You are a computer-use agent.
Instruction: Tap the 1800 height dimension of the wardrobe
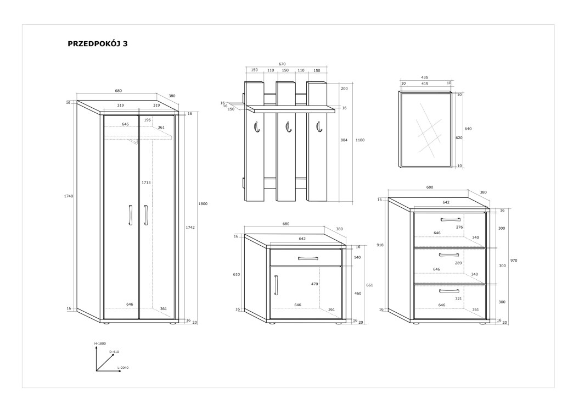(203, 203)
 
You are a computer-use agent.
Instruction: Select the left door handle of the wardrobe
(131, 214)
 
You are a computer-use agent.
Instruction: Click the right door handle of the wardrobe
(146, 214)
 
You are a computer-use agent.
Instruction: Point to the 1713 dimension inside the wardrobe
(147, 182)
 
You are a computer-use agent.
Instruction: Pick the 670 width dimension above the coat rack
(282, 64)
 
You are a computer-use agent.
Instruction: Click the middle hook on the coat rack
(286, 127)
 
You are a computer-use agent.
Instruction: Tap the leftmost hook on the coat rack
(255, 127)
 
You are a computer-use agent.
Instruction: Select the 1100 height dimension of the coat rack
(360, 140)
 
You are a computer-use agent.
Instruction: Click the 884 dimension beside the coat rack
(344, 140)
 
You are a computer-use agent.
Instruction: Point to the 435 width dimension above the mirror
(425, 78)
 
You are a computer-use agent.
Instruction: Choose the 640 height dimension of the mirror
(468, 129)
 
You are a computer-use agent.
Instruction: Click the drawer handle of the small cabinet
(312, 258)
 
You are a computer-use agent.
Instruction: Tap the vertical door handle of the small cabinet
(276, 284)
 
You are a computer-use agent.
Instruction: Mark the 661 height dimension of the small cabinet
(369, 285)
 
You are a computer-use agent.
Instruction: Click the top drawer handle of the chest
(449, 219)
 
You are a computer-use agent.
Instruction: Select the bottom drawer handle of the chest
(449, 291)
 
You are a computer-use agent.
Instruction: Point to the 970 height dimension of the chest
(513, 260)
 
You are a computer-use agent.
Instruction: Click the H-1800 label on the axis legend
(99, 343)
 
